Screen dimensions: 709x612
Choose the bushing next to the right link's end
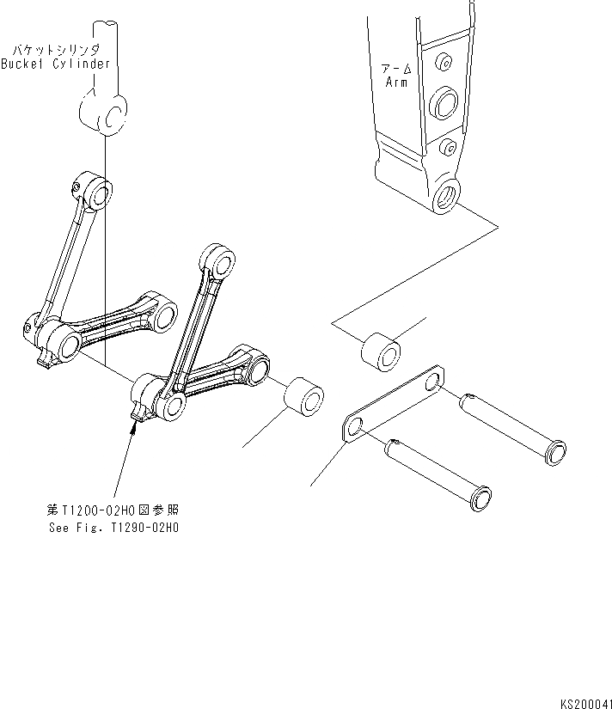[x=304, y=399]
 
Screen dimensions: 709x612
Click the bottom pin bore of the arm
[x=447, y=195]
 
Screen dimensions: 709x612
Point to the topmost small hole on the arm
[x=444, y=63]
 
